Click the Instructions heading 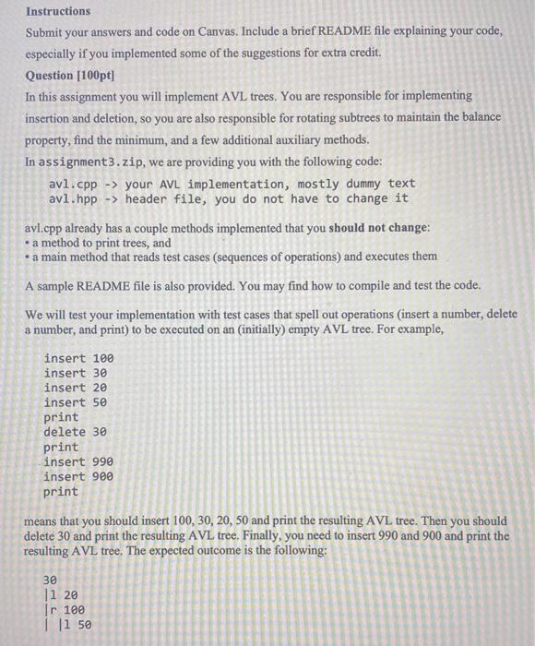point(58,11)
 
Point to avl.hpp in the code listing point(73,198)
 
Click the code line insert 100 point(78,358)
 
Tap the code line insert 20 point(75,388)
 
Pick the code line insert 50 point(75,402)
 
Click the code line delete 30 point(75,432)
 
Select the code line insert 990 point(78,461)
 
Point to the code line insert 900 point(78,476)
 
